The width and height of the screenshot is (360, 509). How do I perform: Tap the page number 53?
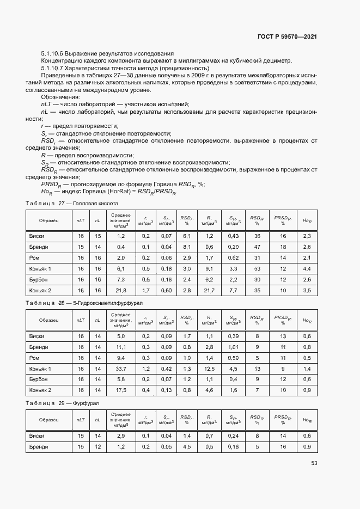314,463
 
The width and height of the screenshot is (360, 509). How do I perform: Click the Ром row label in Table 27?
35,257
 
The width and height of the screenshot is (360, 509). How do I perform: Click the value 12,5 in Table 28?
209,369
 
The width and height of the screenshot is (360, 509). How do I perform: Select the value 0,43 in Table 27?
233,236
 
